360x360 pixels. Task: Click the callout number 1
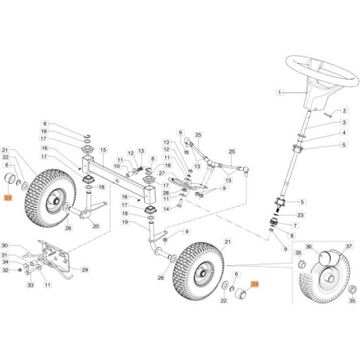pyautogui.click(x=280, y=92)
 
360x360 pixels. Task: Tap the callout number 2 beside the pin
pyautogui.click(x=345, y=110)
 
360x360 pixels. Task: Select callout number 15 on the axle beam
pyautogui.click(x=103, y=150)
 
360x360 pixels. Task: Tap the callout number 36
pyautogui.click(x=311, y=246)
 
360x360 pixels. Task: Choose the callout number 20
pyautogui.click(x=96, y=225)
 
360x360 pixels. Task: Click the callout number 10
pyautogui.click(x=115, y=166)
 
